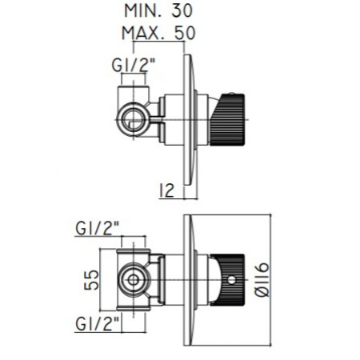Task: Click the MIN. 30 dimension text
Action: pyautogui.click(x=158, y=11)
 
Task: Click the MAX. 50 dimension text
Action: pyautogui.click(x=158, y=33)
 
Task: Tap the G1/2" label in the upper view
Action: pyautogui.click(x=133, y=66)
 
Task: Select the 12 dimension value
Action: pyautogui.click(x=166, y=190)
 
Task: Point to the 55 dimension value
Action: pyautogui.click(x=91, y=280)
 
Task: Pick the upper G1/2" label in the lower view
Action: pyautogui.click(x=97, y=229)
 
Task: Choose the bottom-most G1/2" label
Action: pyautogui.click(x=97, y=324)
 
